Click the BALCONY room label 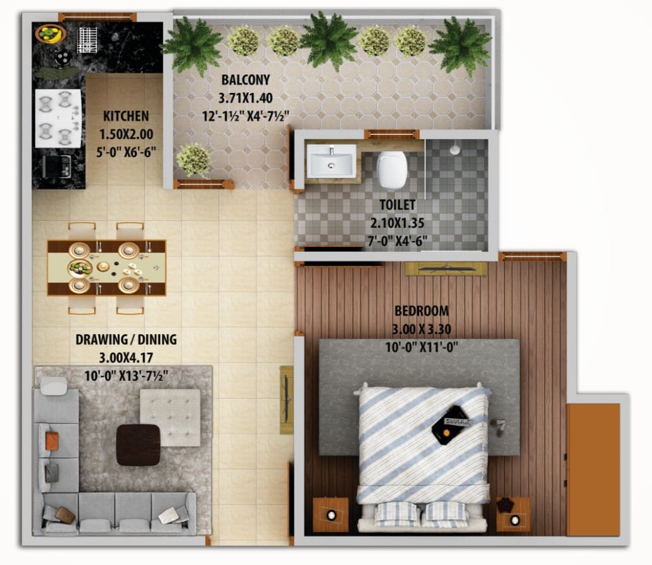tap(246, 80)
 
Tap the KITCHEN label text tap(126, 116)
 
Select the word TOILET tap(398, 204)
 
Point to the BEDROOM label tap(421, 311)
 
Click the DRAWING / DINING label tap(126, 340)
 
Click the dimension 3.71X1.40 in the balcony tap(246, 98)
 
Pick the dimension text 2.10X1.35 tap(397, 223)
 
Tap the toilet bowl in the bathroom tap(392, 169)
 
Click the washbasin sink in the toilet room tap(331, 161)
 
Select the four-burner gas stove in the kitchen tap(58, 118)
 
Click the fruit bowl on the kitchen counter tap(50, 34)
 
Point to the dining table tap(106, 268)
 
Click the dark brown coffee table tap(138, 445)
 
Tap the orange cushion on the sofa tap(52, 441)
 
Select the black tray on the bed tap(450, 425)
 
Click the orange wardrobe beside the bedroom tap(593, 469)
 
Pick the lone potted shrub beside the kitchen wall tap(192, 159)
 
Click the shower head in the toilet tap(455, 149)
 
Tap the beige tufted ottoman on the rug tap(170, 418)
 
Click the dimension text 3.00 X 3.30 tap(421, 329)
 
